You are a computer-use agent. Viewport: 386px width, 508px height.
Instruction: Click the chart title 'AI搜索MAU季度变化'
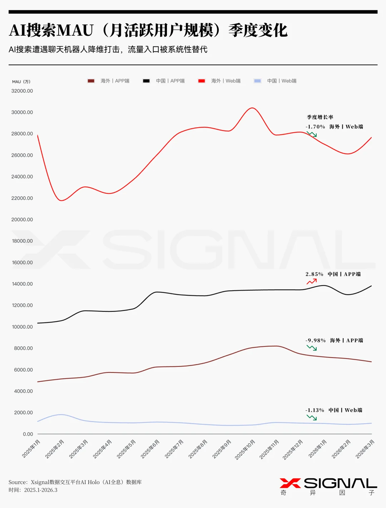pos(148,30)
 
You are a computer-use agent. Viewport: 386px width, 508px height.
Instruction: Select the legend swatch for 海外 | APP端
pos(91,81)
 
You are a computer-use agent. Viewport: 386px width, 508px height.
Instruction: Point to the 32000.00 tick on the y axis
pos(22,91)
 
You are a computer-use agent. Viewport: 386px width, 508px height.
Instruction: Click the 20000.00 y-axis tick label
pos(22,220)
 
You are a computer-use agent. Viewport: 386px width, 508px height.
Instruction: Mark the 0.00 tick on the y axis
pos(28,434)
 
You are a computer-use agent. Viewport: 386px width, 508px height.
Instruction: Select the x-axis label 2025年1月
pos(31,449)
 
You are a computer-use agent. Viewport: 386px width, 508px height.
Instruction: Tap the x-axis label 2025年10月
pos(245,450)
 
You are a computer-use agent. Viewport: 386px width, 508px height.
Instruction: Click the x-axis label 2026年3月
pos(365,449)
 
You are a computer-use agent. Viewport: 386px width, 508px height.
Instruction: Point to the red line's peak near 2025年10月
pos(252,108)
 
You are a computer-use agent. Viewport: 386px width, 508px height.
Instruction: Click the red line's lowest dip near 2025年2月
pos(61,200)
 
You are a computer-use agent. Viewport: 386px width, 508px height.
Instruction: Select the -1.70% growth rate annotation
pos(315,127)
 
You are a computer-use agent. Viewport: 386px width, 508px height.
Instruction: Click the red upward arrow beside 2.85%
pos(312,282)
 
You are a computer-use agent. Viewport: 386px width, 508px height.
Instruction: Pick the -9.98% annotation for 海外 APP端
pos(316,340)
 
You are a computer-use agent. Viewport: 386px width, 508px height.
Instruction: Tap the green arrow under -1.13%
pos(312,418)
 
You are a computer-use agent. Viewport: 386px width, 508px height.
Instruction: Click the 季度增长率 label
pos(320,117)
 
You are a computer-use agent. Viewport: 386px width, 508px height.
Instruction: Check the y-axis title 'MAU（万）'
pos(21,82)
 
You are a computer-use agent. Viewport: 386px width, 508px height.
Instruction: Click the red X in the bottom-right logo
pos(290,483)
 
